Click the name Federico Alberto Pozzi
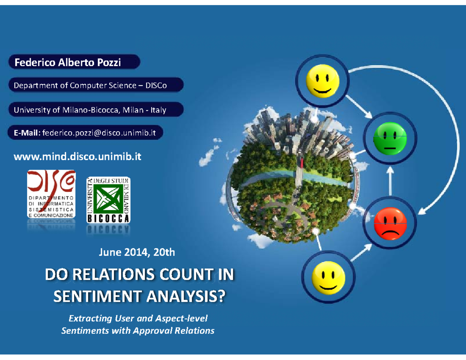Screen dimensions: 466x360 tap(68, 63)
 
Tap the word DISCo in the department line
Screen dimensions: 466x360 tap(156, 85)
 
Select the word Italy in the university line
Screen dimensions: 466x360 tap(158, 110)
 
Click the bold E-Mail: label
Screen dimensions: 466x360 tap(27, 133)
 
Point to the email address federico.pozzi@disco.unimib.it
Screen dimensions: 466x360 tap(99, 133)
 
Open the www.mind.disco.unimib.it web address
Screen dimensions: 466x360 tap(77, 157)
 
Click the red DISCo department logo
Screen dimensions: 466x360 tap(51, 194)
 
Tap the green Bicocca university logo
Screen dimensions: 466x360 tap(108, 200)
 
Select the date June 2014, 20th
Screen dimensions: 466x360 tap(137, 252)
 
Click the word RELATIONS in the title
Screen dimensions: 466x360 tap(113, 275)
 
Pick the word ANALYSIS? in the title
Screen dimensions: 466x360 tap(186, 296)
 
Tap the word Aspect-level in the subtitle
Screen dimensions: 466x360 tap(181, 318)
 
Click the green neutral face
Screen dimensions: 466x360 tap(390, 138)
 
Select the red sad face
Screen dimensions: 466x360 tap(390, 223)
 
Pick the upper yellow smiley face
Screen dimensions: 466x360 tap(323, 81)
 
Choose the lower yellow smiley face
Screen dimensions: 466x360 tap(328, 278)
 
